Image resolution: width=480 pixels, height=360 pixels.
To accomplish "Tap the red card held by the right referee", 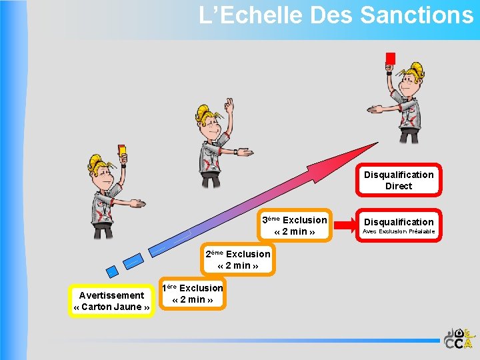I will pos(390,59).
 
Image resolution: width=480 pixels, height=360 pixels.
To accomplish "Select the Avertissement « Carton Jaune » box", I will pos(111,301).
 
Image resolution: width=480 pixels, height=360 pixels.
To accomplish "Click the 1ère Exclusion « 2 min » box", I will pos(193,293).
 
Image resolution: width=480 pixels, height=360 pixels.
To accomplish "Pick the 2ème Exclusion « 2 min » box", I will pos(238,259).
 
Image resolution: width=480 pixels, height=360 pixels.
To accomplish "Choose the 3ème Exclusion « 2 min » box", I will pos(295,225).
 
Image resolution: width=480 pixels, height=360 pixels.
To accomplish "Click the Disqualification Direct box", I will pos(399,180).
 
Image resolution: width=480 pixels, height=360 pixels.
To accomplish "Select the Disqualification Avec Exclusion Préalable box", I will pos(399,226).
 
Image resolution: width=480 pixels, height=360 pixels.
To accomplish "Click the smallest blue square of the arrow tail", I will pos(112,271).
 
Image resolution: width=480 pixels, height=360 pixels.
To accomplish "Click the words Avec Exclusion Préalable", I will pos(399,231).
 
